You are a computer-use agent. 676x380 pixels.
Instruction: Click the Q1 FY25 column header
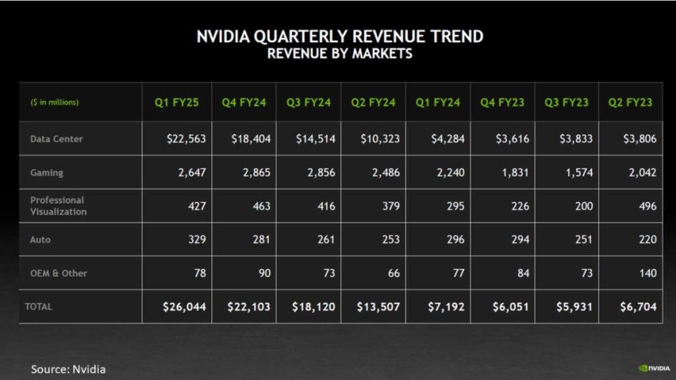(x=177, y=102)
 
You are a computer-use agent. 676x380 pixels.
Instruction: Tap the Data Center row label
(x=56, y=139)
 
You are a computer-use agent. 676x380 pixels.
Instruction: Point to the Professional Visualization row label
(x=58, y=206)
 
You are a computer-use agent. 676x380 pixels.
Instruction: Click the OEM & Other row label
(x=58, y=273)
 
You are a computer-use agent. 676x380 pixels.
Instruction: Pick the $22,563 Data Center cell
(x=186, y=139)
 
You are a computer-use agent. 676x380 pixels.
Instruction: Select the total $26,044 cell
(x=185, y=307)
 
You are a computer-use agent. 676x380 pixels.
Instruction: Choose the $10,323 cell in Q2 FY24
(x=380, y=139)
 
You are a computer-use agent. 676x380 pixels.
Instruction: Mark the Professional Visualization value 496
(x=648, y=206)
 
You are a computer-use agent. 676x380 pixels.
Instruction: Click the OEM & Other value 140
(x=648, y=273)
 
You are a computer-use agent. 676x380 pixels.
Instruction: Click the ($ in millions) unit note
(x=54, y=103)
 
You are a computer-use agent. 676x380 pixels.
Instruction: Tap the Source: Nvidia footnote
(x=68, y=369)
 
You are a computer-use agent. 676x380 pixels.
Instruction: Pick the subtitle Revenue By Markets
(x=339, y=54)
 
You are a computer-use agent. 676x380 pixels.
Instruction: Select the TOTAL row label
(x=38, y=307)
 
